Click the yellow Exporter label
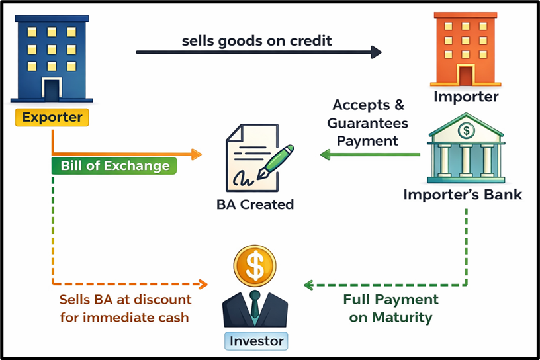(x=52, y=118)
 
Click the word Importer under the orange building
(x=466, y=97)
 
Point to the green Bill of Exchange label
(x=114, y=165)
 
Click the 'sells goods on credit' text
(x=257, y=40)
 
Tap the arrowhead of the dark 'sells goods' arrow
(x=377, y=52)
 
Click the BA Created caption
(x=255, y=204)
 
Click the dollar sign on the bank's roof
(x=467, y=130)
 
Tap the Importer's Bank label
(x=463, y=195)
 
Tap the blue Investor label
(x=256, y=341)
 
